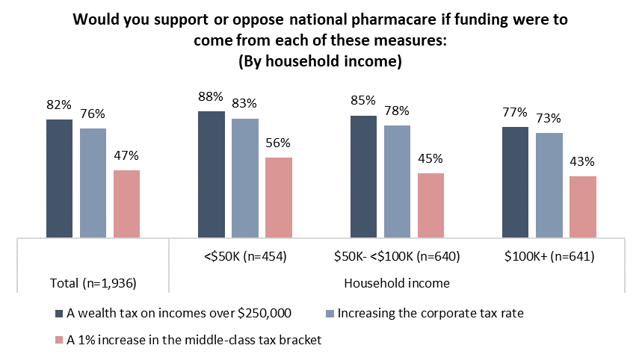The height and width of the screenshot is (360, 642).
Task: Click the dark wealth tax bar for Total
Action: (59, 179)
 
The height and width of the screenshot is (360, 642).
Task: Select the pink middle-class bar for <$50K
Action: (278, 198)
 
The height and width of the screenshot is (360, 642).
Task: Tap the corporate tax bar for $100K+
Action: (549, 185)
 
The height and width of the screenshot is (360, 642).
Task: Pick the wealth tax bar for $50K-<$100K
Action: (363, 177)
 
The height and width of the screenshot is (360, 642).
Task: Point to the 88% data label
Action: (211, 96)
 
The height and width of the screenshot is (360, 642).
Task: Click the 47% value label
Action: (126, 156)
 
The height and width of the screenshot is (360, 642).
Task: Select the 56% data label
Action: (278, 143)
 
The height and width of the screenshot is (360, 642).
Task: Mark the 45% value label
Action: (430, 158)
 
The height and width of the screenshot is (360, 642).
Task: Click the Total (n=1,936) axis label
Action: (93, 284)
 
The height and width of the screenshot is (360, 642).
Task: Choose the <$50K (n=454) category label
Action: (244, 257)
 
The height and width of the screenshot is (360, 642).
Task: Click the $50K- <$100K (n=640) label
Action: (397, 257)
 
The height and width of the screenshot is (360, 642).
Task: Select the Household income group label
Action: (396, 284)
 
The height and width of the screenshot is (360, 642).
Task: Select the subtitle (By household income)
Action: (320, 61)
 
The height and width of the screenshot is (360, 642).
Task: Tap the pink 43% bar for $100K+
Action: (582, 208)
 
